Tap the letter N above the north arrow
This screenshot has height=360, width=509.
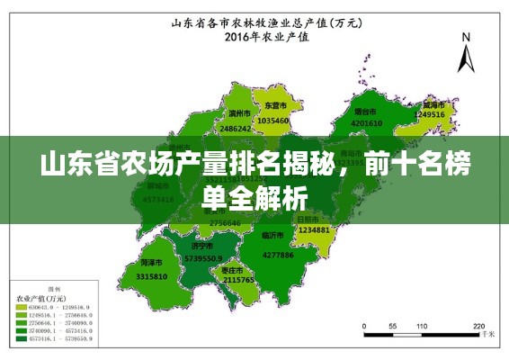466,37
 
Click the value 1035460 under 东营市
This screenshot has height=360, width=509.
272,120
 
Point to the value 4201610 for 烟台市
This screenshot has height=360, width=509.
367,123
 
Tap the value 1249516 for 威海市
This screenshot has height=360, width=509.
429,115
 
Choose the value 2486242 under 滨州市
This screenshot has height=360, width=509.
236,129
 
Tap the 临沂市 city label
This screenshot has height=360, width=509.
272,236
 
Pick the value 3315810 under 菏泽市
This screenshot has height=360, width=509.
152,276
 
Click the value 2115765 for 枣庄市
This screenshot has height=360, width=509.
238,280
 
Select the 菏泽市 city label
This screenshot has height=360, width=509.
151,262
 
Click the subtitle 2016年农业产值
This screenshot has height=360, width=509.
254,38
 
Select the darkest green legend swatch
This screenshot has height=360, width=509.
22,339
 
